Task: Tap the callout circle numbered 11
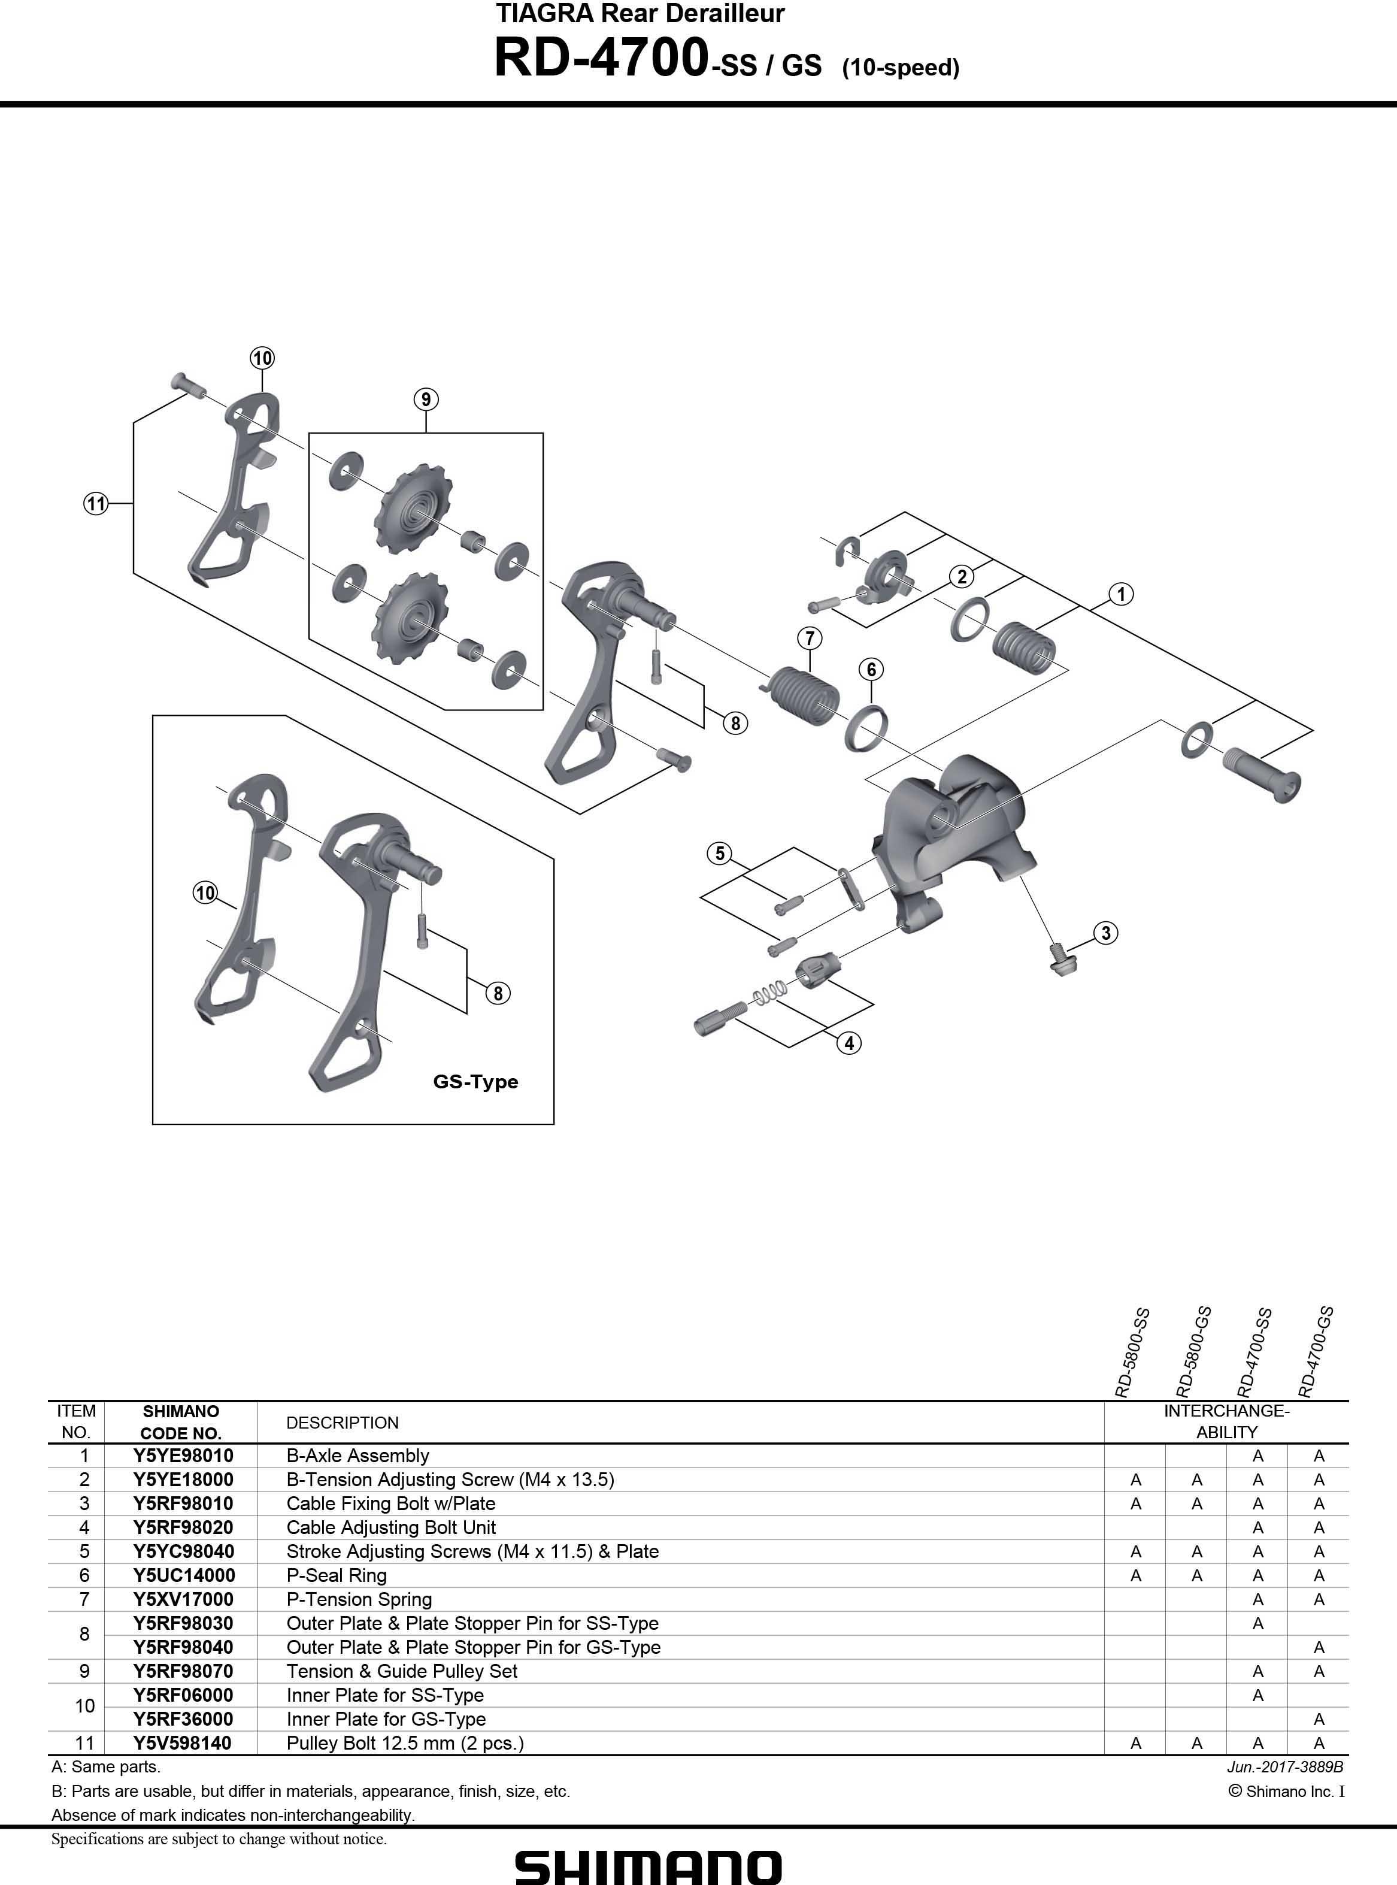[x=96, y=504]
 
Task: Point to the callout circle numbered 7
[x=810, y=638]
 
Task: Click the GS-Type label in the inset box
[x=475, y=1082]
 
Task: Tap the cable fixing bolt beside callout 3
[x=1058, y=957]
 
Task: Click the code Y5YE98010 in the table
[x=183, y=1456]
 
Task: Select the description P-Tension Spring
[x=359, y=1599]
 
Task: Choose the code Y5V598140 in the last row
[x=182, y=1743]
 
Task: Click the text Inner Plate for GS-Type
[x=386, y=1719]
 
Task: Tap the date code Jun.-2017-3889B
[x=1284, y=1766]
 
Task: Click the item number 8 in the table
[x=84, y=1635]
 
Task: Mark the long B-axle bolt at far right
[x=1262, y=774]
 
